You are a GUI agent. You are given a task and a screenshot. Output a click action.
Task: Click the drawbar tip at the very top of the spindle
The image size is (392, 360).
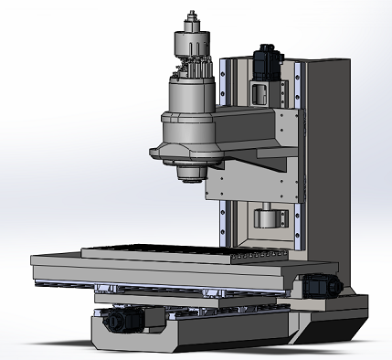[192, 16]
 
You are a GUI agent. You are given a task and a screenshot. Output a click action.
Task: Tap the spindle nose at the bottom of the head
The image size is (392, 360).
[191, 173]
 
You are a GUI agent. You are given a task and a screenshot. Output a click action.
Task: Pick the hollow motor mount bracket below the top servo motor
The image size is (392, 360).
[259, 90]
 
